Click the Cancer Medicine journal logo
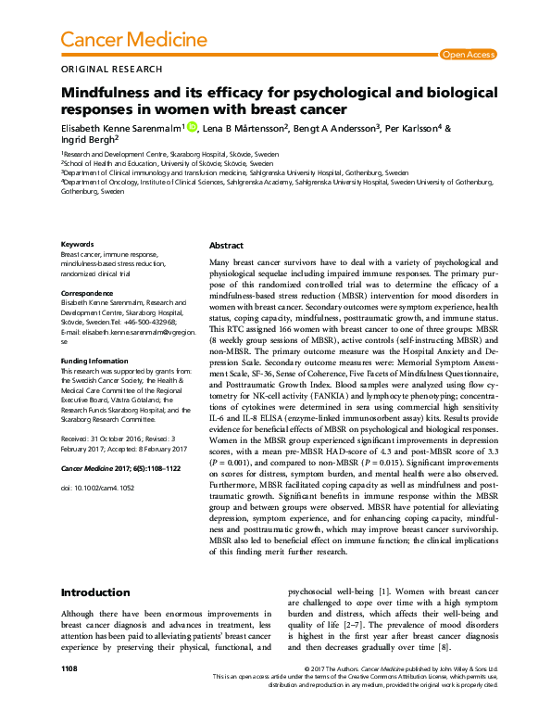[132, 39]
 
